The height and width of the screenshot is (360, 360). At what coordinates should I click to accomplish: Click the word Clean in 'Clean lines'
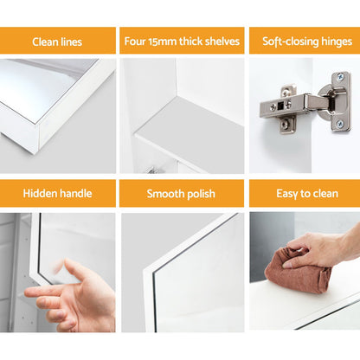click(45, 42)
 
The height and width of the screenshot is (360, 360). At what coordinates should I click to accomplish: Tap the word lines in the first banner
click(72, 42)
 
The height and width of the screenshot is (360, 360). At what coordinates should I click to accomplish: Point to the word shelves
click(222, 42)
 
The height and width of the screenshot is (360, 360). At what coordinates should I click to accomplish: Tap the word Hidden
click(39, 193)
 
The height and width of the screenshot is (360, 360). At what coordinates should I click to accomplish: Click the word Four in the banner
click(135, 42)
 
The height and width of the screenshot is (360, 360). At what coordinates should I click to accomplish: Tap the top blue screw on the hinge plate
click(341, 77)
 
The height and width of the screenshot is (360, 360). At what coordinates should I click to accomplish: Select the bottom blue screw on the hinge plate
click(340, 125)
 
